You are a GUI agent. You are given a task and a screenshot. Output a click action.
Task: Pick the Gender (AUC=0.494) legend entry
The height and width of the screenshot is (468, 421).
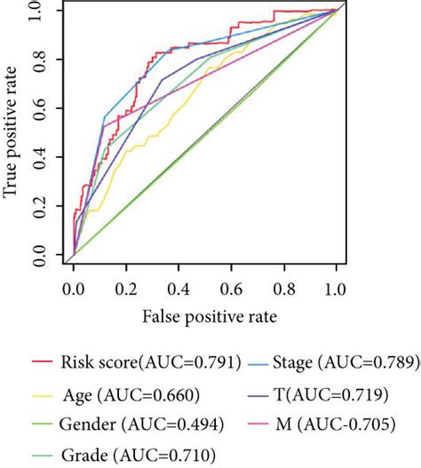[x=129, y=425]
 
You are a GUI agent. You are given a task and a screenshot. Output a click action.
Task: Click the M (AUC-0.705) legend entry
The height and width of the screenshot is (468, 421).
[x=342, y=425]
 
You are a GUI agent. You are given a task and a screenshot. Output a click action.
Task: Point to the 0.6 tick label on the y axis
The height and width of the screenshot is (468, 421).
[x=42, y=109]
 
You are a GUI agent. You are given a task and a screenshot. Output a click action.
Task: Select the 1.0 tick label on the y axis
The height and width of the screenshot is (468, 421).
[x=42, y=11]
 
